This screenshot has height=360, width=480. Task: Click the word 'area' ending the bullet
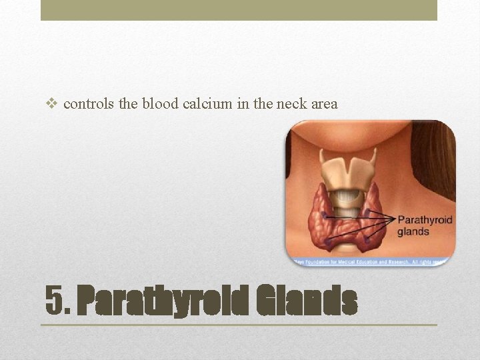(x=325, y=104)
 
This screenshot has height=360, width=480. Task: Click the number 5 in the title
(x=55, y=301)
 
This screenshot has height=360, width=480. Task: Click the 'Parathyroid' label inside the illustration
(x=424, y=219)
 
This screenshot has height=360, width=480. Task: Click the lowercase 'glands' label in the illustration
(x=413, y=232)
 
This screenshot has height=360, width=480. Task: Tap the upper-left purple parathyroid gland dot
(x=325, y=215)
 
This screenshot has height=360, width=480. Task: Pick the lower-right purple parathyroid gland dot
(x=365, y=238)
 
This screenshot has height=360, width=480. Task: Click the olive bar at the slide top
(x=239, y=10)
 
